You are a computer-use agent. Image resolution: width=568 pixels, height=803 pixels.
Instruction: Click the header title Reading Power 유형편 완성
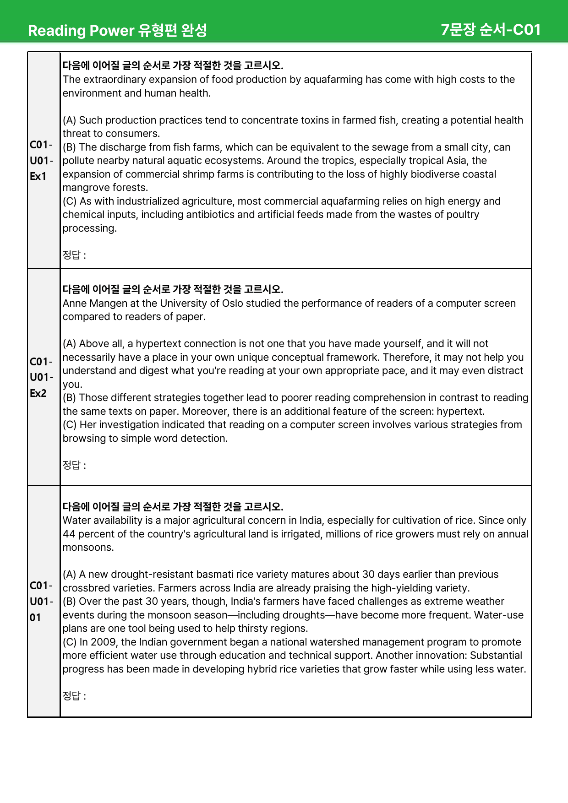tap(117, 31)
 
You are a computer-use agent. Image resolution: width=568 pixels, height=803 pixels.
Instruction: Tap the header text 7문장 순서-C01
tap(491, 30)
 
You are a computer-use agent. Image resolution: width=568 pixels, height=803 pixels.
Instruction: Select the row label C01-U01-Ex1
tap(41, 160)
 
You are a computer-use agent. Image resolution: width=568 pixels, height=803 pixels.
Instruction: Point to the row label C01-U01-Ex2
tap(41, 377)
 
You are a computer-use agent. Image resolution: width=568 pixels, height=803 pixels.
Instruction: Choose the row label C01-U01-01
tap(41, 601)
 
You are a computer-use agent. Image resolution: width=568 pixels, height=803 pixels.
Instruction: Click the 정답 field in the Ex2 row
tap(74, 466)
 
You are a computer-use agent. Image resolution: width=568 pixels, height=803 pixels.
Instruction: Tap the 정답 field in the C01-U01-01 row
tap(74, 696)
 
